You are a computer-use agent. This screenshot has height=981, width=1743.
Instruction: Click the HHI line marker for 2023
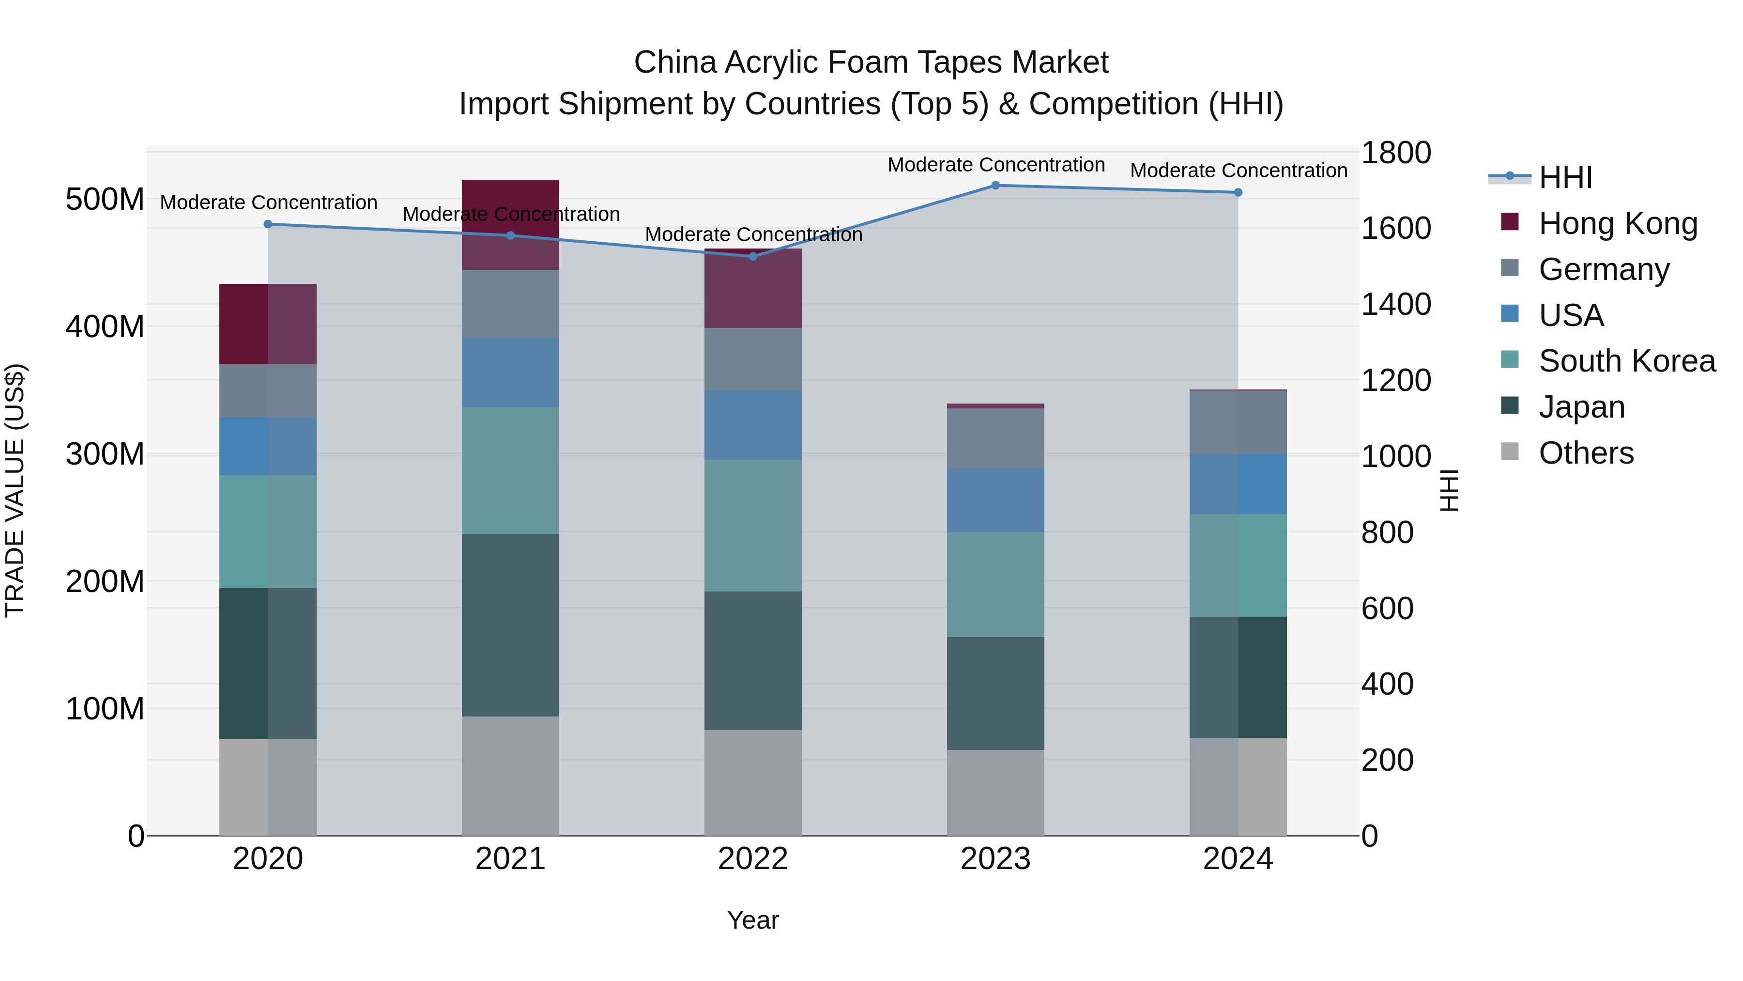tap(995, 186)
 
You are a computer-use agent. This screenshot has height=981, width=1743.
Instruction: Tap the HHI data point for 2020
tap(268, 224)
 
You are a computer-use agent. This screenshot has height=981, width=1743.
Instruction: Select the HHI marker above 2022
tap(753, 257)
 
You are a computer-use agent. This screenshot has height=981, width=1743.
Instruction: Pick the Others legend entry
tap(1585, 453)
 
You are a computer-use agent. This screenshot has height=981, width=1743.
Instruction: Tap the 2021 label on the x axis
tap(510, 859)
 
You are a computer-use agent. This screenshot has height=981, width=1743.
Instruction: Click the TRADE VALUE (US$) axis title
tap(15, 490)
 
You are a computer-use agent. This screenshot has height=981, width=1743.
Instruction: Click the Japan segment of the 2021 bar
tap(510, 625)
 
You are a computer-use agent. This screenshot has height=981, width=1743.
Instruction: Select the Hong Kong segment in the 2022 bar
tap(753, 289)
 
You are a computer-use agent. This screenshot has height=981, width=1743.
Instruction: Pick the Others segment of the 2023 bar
tap(995, 792)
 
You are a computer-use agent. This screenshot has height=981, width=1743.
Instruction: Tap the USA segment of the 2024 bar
tap(1238, 484)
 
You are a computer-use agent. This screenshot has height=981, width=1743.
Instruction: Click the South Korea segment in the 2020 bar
tap(268, 531)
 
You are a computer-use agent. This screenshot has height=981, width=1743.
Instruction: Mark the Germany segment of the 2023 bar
tap(995, 439)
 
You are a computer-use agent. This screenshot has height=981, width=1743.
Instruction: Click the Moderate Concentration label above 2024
tap(1238, 171)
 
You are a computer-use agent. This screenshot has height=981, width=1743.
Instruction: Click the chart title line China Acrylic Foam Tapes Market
tap(871, 62)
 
